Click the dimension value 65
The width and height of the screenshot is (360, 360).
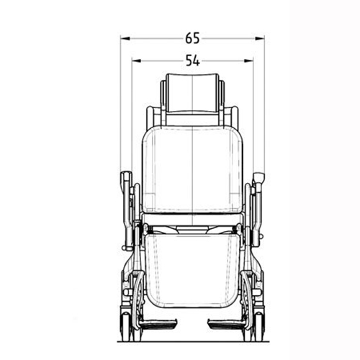click(x=192, y=38)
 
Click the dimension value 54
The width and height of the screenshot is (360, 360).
click(x=193, y=60)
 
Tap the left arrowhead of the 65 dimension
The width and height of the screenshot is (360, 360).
click(x=125, y=38)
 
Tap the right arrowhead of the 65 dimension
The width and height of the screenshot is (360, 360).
click(x=260, y=38)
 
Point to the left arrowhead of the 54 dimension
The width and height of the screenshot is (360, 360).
click(x=137, y=60)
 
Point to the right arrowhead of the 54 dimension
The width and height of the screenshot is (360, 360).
click(x=248, y=60)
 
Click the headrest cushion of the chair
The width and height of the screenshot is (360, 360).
click(x=192, y=93)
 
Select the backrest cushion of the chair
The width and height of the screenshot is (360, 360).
click(x=192, y=169)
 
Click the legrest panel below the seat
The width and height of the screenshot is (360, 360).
click(x=192, y=271)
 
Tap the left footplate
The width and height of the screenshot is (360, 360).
click(x=158, y=323)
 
